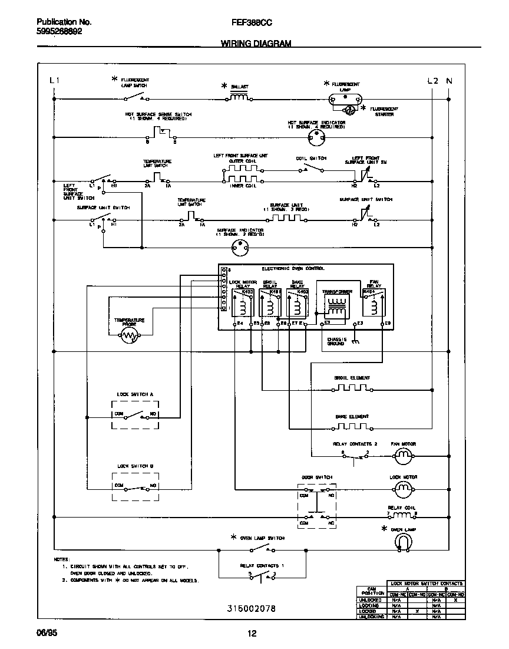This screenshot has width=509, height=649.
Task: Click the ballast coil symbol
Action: (x=238, y=97)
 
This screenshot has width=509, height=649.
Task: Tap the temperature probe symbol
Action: (x=129, y=337)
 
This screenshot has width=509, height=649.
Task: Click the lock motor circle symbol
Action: (x=404, y=488)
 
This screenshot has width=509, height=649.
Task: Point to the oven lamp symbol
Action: (x=404, y=542)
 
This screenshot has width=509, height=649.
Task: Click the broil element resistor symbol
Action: (x=351, y=388)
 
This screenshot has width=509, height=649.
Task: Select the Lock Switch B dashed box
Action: (x=135, y=486)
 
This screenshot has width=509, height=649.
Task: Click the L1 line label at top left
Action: (x=54, y=81)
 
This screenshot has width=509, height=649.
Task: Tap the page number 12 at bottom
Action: (x=252, y=634)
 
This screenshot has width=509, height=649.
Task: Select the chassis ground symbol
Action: (x=355, y=341)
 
